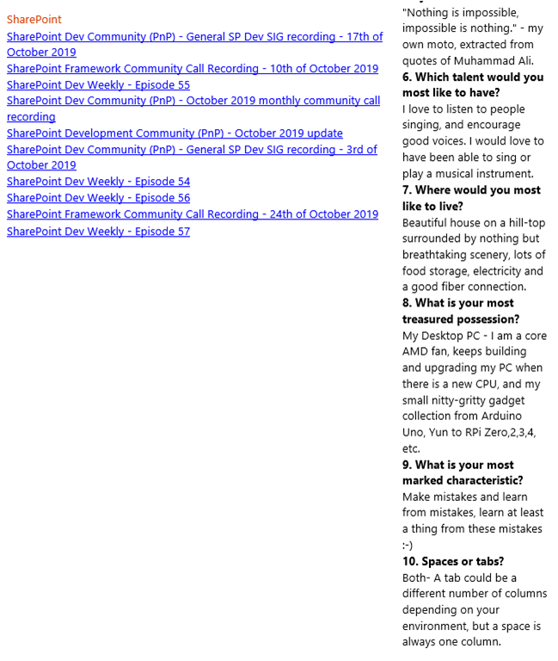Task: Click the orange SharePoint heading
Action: click(34, 19)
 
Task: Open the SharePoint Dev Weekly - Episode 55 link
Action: click(98, 85)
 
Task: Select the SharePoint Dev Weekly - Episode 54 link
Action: click(98, 182)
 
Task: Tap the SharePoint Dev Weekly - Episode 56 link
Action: click(98, 198)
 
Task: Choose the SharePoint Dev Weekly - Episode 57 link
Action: click(98, 232)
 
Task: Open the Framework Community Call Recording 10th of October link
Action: click(192, 69)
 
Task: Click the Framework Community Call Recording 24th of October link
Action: click(192, 214)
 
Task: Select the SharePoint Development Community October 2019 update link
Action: click(175, 133)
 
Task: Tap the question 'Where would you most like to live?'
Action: click(471, 198)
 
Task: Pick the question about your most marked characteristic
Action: click(463, 473)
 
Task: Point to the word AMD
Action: click(415, 352)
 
